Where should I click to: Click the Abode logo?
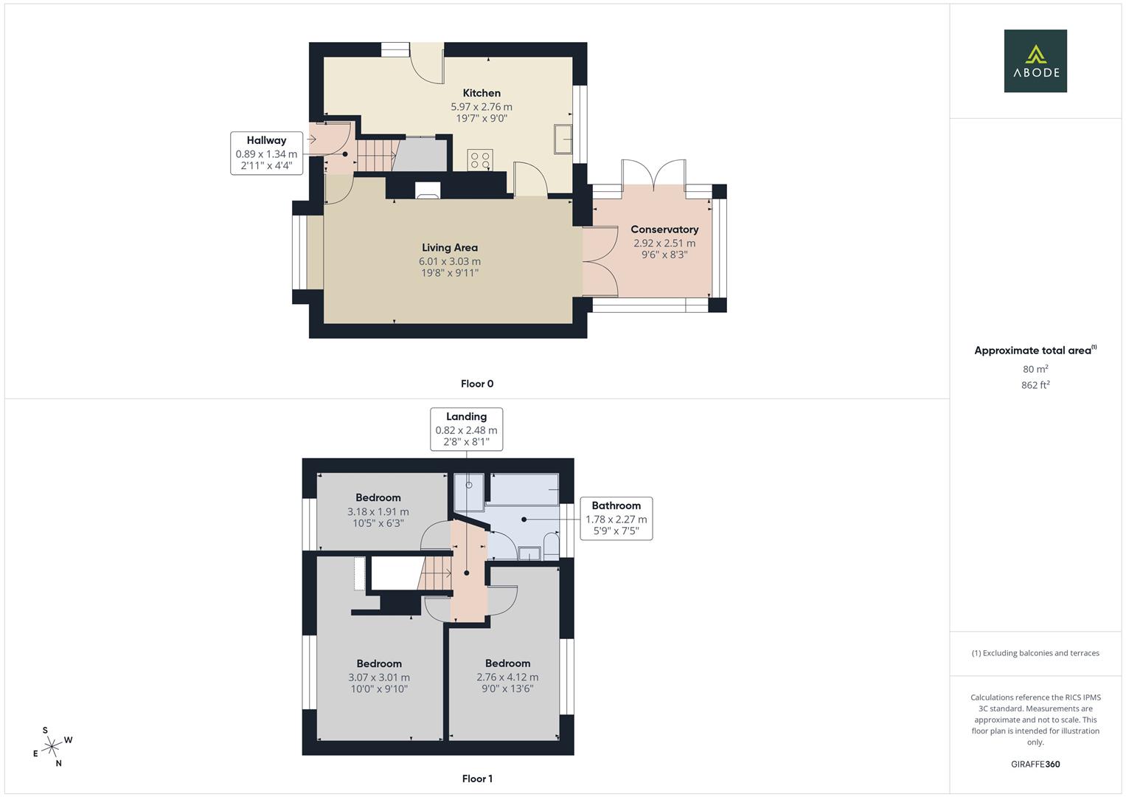coord(1035,61)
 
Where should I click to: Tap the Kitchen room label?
coord(482,93)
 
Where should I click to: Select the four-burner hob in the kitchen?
coord(481,159)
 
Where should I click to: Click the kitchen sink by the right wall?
coord(563,139)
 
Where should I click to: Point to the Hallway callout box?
coord(266,153)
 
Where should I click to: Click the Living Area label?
coord(449,248)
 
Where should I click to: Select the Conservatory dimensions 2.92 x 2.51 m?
coord(664,243)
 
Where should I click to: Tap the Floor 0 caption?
coord(477,384)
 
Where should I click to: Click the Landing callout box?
coord(466,429)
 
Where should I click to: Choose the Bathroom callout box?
coord(616,518)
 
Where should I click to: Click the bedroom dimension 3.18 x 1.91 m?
coord(378,511)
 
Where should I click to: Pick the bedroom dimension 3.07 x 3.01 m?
coord(379,677)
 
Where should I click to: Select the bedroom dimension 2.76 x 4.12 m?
coord(507,677)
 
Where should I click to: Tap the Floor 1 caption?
coord(477,779)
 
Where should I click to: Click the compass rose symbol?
coord(52,748)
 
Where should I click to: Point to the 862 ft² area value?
coord(1035,385)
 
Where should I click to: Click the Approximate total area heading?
coord(1035,351)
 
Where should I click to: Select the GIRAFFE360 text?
coord(1035,765)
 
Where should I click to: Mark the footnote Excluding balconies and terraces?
coord(1035,653)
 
